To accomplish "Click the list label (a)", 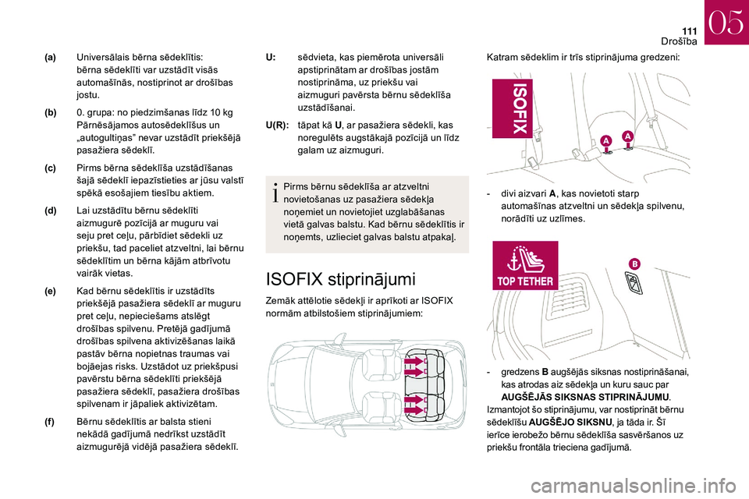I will tap(50, 58).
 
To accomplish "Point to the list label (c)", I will tap(50, 168).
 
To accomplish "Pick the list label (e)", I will tap(50, 290).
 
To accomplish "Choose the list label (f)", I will tap(50, 422).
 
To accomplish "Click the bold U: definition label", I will tap(271, 58).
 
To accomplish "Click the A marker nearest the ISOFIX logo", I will tap(606, 140).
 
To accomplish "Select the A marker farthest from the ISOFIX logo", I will tap(627, 136).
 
